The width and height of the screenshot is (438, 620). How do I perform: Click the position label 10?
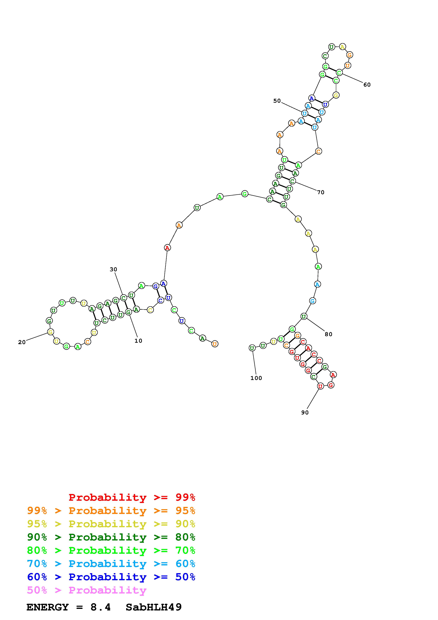click(x=138, y=341)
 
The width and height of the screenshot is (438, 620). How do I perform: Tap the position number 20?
click(x=22, y=342)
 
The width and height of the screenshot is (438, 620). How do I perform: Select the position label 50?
click(x=277, y=101)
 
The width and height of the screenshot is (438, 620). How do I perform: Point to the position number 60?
click(x=367, y=84)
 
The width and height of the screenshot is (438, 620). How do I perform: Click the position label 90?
click(x=305, y=412)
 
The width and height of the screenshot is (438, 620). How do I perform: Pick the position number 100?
click(x=256, y=378)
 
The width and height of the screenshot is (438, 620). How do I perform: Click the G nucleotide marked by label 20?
click(x=50, y=332)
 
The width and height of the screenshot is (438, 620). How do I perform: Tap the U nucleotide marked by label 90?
click(x=320, y=386)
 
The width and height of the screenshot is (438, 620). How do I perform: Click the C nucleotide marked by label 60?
click(x=339, y=72)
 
